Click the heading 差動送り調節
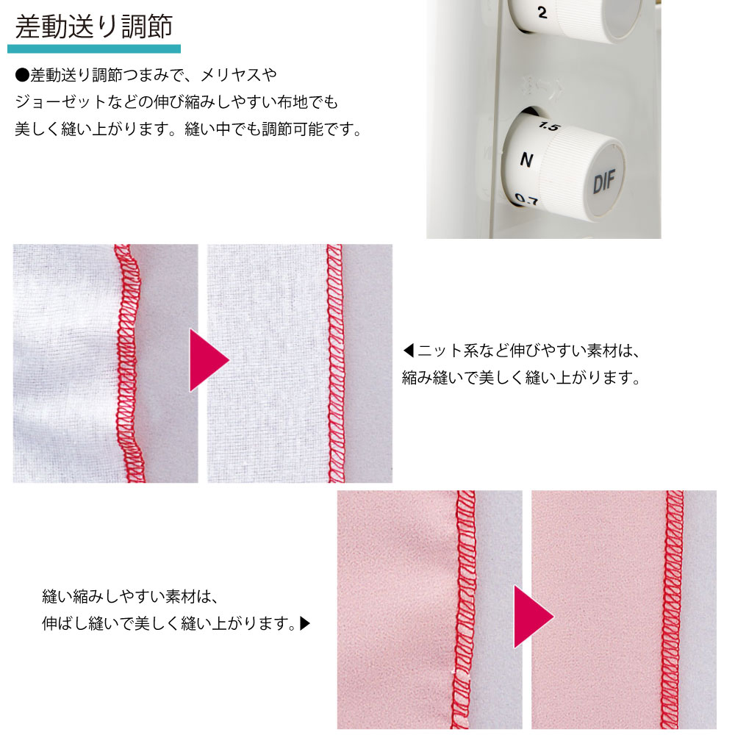[x=94, y=26]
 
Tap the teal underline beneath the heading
[x=94, y=49]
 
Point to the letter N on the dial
[x=526, y=159]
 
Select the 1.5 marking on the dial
[x=549, y=126]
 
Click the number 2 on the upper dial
[x=542, y=12]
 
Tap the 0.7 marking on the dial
[x=526, y=200]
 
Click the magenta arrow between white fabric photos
[x=209, y=360]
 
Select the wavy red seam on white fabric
[x=127, y=363]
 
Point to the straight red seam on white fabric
[x=335, y=363]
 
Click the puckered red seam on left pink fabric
[x=464, y=609]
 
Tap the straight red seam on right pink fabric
[x=674, y=609]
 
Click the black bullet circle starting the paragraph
[x=22, y=75]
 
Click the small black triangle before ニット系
[x=408, y=350]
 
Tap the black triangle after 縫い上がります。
[x=305, y=623]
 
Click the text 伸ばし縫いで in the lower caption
[x=87, y=623]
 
